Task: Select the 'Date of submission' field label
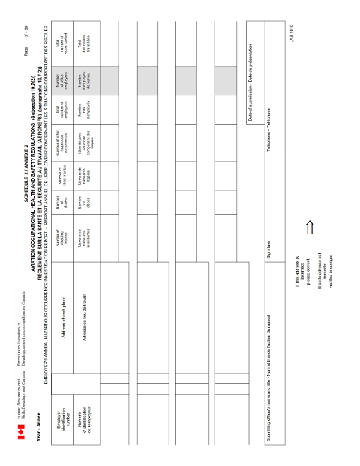(x=251, y=85)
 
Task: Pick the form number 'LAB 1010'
(x=290, y=32)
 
